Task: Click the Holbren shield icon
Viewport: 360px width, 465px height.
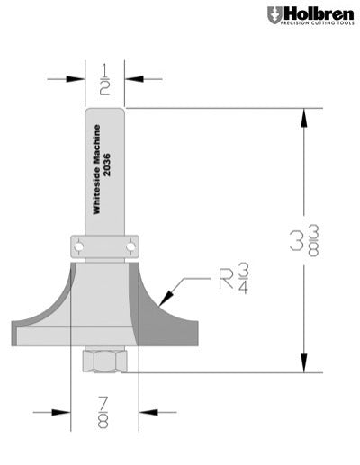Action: [x=273, y=15]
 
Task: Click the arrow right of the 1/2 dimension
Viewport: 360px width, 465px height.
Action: [x=136, y=79]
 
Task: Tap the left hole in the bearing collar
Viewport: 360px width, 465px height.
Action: [x=79, y=243]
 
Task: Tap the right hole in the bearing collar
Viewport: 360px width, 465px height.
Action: [x=131, y=243]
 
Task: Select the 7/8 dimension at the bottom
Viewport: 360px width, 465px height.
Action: [x=104, y=414]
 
